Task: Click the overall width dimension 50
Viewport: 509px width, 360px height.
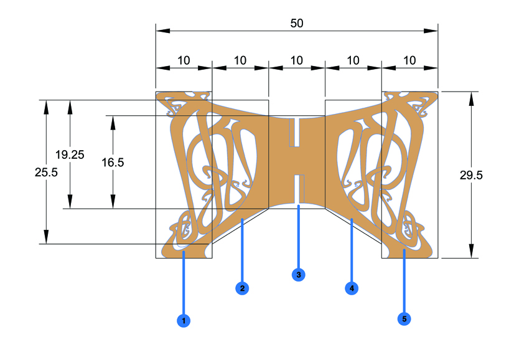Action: (297, 23)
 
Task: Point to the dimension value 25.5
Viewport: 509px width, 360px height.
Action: (46, 173)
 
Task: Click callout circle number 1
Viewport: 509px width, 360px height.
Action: (183, 321)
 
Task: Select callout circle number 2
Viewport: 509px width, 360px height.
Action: (242, 288)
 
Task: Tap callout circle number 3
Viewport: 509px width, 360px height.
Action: (298, 274)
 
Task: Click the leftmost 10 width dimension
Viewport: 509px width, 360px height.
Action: (184, 60)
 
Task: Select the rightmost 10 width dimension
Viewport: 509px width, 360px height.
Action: (409, 60)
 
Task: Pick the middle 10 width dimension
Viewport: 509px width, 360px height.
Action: (297, 60)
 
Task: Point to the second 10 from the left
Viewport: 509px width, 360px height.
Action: (240, 60)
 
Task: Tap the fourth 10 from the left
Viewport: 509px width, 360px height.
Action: (353, 60)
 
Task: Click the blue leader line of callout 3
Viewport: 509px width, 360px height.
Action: (299, 237)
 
